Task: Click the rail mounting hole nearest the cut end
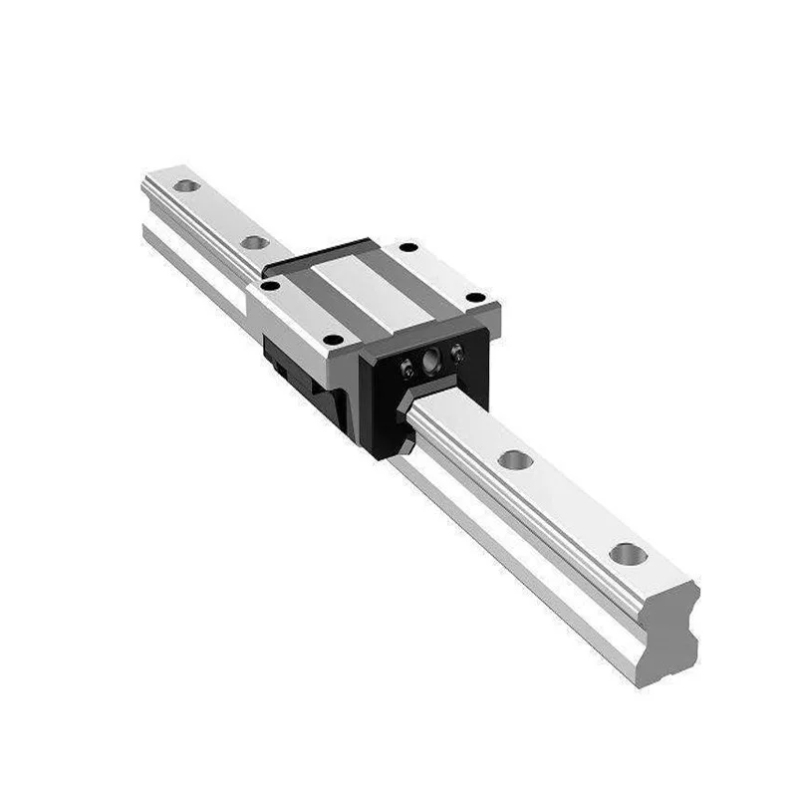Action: point(628,554)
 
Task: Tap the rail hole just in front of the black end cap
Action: point(515,459)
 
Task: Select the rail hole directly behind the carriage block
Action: point(255,242)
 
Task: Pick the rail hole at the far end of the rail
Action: point(185,185)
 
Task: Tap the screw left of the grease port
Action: point(406,371)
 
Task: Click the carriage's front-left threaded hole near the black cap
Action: point(334,340)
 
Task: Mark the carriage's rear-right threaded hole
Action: point(406,247)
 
